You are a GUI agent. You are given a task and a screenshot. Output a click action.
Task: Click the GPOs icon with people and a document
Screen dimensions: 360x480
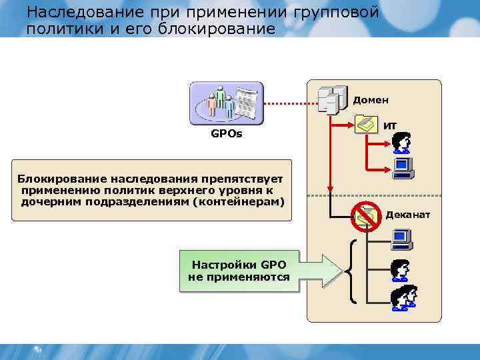point(227,103)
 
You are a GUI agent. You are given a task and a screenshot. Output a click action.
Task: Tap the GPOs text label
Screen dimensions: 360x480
point(227,134)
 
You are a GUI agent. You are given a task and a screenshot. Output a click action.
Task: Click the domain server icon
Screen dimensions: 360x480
point(333,100)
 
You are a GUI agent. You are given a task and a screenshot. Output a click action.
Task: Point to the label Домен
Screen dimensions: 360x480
point(371,100)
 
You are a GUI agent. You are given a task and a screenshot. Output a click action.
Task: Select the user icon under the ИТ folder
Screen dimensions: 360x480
point(401,142)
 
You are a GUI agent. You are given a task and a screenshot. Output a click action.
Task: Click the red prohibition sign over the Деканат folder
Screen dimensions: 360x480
point(365,214)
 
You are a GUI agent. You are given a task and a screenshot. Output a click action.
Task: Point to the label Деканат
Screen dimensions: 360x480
point(408,215)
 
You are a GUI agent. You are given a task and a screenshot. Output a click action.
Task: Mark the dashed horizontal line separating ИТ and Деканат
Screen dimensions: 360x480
point(373,195)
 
